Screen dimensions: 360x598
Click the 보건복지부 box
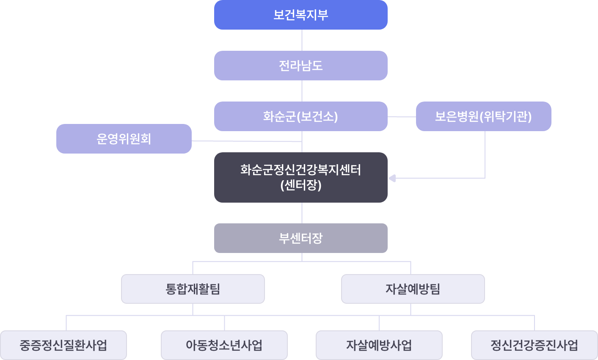click(300, 15)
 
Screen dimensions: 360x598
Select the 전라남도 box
click(300, 66)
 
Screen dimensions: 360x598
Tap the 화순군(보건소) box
click(300, 116)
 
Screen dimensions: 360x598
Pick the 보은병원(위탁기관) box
click(483, 116)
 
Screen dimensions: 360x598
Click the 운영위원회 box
click(124, 139)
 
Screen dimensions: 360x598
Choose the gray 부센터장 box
click(300, 238)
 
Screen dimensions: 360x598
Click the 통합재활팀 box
click(193, 289)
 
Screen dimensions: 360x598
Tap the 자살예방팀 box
click(413, 289)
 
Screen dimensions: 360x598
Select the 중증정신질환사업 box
click(63, 345)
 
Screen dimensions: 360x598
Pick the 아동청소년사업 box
click(224, 345)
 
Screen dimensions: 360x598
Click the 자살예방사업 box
click(379, 345)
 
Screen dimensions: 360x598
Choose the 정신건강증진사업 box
click(534, 345)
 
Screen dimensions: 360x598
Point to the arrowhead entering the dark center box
click(392, 179)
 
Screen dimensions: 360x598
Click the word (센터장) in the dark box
click(300, 185)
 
